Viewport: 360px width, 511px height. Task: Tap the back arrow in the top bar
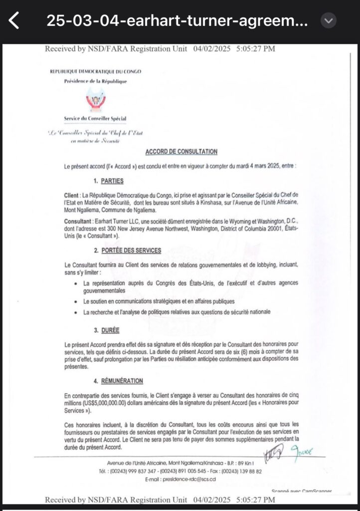coord(14,21)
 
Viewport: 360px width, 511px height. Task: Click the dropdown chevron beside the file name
coord(328,20)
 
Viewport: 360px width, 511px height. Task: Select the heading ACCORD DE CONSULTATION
coord(181,152)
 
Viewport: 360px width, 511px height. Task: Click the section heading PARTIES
coord(113,181)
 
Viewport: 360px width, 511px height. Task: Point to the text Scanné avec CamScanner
coord(302,492)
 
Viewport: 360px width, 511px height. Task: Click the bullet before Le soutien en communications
coord(74,302)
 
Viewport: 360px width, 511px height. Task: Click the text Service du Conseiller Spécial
coord(95,119)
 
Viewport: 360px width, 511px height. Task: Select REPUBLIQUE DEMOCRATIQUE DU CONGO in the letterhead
coord(96,71)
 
